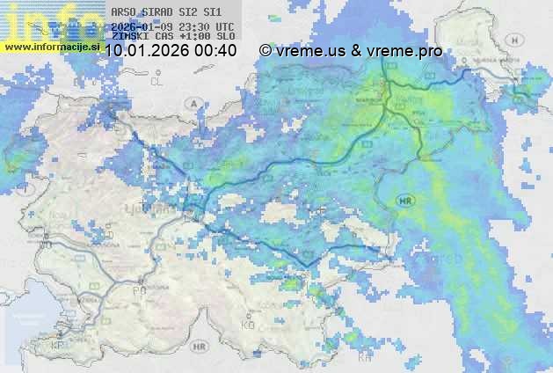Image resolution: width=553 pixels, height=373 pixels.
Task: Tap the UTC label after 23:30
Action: (223, 26)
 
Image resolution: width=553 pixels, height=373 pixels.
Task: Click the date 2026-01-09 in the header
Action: (142, 26)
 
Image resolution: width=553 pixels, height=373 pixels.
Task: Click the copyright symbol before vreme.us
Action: (265, 51)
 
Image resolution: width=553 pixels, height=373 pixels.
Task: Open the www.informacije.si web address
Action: (51, 46)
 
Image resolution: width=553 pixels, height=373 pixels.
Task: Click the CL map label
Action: (157, 81)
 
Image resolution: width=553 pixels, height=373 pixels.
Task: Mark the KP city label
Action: (58, 345)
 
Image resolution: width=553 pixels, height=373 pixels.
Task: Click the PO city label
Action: (138, 289)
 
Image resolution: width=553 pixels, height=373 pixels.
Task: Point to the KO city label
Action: (247, 325)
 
